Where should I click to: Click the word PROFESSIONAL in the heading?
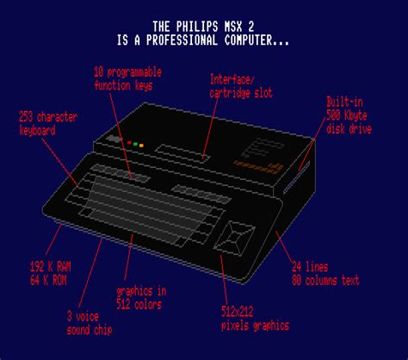coord(182,40)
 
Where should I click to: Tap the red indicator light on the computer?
coord(129,143)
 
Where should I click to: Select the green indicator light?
coord(135,144)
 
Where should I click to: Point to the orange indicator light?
coord(141,146)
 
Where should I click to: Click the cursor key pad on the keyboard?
coord(234,238)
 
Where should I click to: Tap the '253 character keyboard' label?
coord(47,124)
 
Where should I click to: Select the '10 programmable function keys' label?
coord(127,78)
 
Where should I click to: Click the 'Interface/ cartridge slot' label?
coord(241,86)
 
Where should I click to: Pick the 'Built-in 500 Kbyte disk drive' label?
coord(349,115)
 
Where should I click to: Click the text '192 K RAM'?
coord(51,267)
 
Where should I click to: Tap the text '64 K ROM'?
coord(48,280)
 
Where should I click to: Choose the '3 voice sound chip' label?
coord(90,323)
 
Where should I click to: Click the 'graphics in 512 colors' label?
coord(141,298)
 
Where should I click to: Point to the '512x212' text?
coord(238,312)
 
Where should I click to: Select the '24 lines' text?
coord(310,267)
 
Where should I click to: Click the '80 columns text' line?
coord(325,280)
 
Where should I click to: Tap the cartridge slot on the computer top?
coord(182,153)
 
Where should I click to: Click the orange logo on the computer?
coord(259,167)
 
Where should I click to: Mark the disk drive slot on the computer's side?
coord(297,177)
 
